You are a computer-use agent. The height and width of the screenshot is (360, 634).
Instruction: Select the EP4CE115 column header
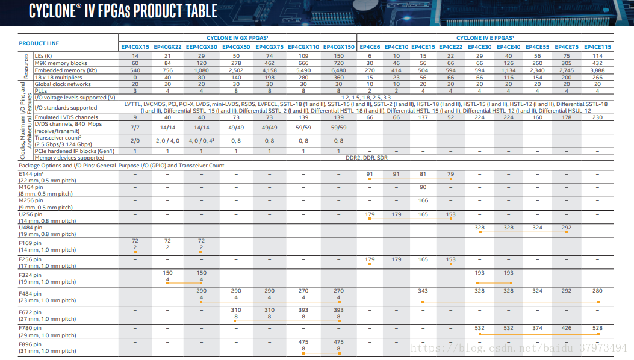(597, 47)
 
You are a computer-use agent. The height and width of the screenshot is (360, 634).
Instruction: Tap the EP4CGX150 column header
(339, 47)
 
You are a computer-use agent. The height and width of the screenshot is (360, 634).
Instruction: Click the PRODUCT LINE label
(39, 43)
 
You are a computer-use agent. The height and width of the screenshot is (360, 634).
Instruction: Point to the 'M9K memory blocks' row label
(61, 63)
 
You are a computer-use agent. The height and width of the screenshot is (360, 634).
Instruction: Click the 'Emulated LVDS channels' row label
(66, 117)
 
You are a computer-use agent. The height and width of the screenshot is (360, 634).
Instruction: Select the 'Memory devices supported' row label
(69, 158)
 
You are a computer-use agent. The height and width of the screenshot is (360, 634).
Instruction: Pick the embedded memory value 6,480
(339, 70)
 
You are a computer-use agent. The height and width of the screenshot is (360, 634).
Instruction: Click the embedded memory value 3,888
(597, 70)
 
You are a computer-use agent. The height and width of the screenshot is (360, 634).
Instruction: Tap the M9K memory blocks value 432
(597, 63)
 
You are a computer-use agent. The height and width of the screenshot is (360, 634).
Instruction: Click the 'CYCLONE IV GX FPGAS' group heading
(237, 37)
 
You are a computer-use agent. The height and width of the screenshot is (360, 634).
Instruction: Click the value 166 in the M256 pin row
(423, 200)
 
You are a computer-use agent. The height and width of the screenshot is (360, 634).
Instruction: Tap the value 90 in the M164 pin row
(423, 187)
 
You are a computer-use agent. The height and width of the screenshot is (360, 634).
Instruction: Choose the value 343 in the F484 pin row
(423, 291)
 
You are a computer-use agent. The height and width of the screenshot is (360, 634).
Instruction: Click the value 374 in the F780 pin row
(537, 328)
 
